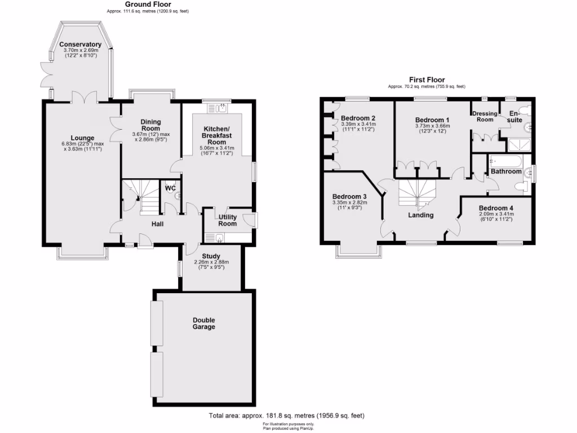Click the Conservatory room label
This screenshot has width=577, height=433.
tap(80, 45)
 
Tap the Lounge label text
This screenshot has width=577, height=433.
tap(82, 138)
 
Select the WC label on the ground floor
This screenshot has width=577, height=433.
tap(170, 188)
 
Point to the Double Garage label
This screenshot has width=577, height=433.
tap(203, 323)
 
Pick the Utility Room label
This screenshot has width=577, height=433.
tap(228, 220)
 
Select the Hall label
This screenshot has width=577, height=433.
tap(157, 224)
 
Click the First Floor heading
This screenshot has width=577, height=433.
tap(427, 80)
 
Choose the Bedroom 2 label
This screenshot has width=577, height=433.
tap(358, 118)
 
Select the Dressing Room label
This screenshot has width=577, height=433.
tap(485, 116)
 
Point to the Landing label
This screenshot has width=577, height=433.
tap(421, 215)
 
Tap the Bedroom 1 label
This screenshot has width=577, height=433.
tap(432, 120)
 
